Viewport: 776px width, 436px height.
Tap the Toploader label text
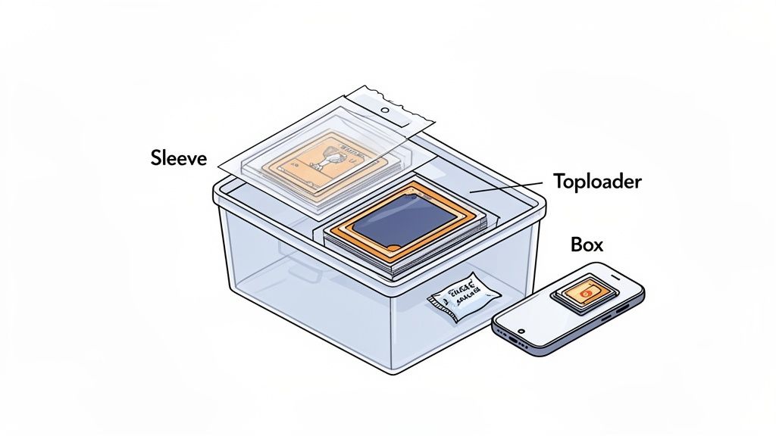click(x=598, y=182)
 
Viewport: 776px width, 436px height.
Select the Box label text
click(x=588, y=244)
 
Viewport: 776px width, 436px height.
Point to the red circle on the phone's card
click(x=585, y=291)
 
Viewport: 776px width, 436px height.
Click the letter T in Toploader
click(x=559, y=182)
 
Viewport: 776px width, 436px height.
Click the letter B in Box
click(x=576, y=244)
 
